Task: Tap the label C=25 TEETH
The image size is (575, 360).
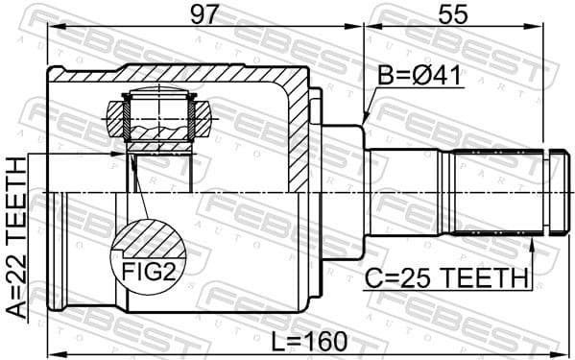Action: pos(446,278)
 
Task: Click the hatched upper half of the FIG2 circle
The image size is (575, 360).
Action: pos(149,235)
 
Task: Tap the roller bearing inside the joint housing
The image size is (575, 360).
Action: pos(161,120)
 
